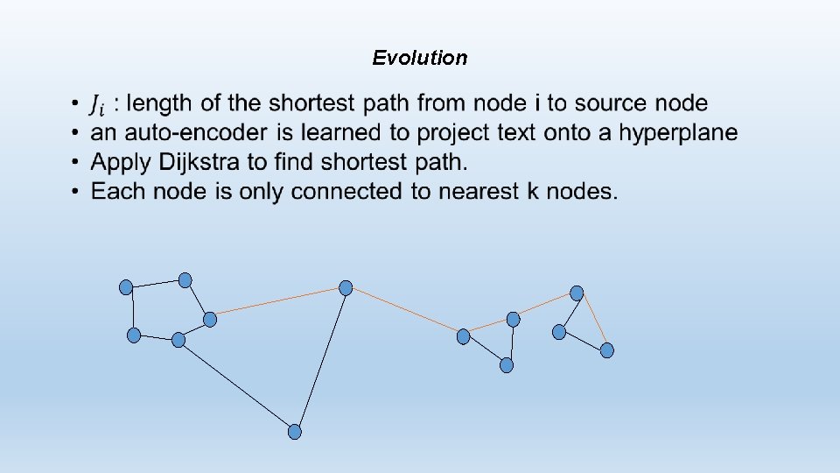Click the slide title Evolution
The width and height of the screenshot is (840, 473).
pos(420,58)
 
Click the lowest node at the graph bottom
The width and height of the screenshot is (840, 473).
pos(295,431)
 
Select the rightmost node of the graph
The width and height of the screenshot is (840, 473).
pos(607,350)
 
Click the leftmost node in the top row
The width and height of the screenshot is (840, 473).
pos(126,286)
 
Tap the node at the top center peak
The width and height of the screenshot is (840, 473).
pos(346,287)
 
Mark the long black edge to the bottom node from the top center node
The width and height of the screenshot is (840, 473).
pos(320,359)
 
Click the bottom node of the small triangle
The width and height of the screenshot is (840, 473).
pos(507,365)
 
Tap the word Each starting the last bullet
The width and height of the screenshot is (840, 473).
pos(119,191)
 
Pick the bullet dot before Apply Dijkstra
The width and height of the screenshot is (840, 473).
pos(77,162)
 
